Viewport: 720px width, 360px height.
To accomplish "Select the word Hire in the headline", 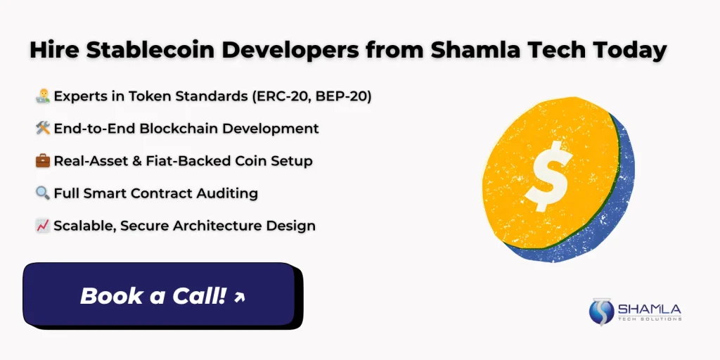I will [51, 51].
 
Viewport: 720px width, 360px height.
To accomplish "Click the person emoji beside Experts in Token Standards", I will [42, 96].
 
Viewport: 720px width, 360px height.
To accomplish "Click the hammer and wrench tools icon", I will [42, 129].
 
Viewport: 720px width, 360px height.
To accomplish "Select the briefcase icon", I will [42, 161].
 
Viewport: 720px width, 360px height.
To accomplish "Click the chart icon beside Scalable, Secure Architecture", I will [42, 226].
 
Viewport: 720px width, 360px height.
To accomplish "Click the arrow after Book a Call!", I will [239, 297].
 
